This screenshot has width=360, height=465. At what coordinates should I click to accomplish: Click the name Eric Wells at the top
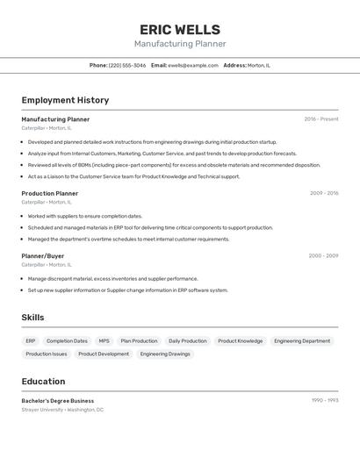[x=180, y=30]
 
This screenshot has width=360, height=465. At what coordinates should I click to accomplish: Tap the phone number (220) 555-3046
[x=127, y=65]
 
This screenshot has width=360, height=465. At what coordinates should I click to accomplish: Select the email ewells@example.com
[x=192, y=65]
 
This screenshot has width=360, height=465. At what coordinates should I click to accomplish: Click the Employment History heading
[x=65, y=101]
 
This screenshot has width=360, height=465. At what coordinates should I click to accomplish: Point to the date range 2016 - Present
[x=321, y=119]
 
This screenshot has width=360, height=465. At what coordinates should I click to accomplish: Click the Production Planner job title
[x=49, y=194]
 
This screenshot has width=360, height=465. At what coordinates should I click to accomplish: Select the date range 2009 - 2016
[x=324, y=193]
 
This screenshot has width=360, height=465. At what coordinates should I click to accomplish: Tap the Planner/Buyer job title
[x=42, y=256]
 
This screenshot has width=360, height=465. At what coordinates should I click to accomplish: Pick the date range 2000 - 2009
[x=323, y=256]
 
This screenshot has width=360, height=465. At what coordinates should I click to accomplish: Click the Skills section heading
[x=32, y=318]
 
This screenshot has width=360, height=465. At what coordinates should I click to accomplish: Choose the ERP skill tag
[x=31, y=341]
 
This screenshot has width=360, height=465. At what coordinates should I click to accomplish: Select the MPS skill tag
[x=104, y=341]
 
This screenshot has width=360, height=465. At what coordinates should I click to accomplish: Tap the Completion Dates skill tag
[x=67, y=341]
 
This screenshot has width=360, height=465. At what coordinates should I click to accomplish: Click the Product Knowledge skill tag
[x=240, y=341]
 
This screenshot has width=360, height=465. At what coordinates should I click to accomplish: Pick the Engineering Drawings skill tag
[x=165, y=354]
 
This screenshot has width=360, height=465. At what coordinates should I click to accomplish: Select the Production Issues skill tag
[x=47, y=354]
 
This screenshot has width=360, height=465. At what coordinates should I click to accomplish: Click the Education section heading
[x=43, y=382]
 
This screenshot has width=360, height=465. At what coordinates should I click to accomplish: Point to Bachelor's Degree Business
[x=57, y=401]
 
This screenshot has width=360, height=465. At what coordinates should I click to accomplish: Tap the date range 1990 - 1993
[x=325, y=400]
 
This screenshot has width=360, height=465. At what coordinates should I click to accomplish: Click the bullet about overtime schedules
[x=128, y=239]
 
